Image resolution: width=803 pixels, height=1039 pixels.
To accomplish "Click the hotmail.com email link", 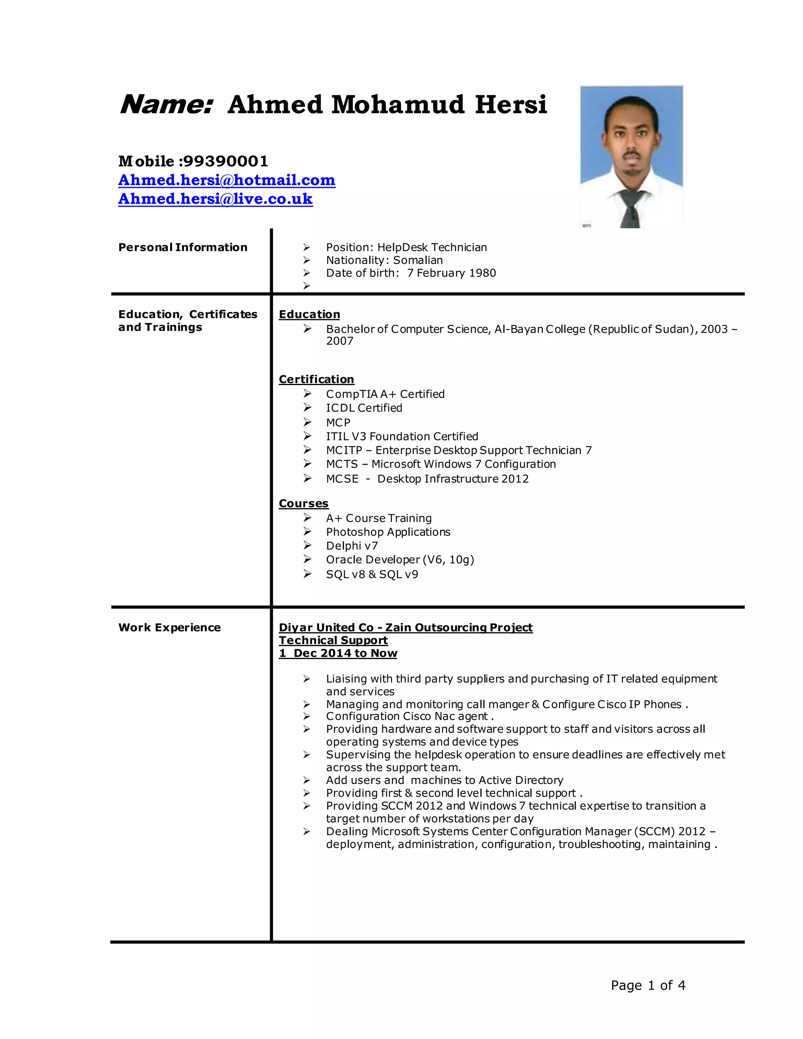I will pyautogui.click(x=227, y=180).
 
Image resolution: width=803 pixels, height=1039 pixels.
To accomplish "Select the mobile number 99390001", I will pyautogui.click(x=225, y=161).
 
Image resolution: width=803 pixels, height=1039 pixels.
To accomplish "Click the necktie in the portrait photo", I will pyautogui.click(x=631, y=209).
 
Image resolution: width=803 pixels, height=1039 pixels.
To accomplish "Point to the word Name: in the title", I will pyautogui.click(x=165, y=105).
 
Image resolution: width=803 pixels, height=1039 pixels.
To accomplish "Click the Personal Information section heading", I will pyautogui.click(x=183, y=247).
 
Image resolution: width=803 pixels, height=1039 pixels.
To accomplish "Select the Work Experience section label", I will pyautogui.click(x=169, y=627).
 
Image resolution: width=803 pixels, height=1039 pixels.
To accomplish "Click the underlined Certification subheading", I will pyautogui.click(x=316, y=379).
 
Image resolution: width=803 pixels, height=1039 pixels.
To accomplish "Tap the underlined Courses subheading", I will pyautogui.click(x=303, y=503).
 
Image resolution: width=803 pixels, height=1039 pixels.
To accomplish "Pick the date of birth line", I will pyautogui.click(x=411, y=273).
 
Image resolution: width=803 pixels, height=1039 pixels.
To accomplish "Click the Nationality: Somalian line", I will pyautogui.click(x=384, y=260).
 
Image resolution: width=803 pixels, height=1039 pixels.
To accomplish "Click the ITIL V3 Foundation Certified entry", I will pyautogui.click(x=401, y=436).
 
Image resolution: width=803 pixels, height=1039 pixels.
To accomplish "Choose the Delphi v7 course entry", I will pyautogui.click(x=352, y=546).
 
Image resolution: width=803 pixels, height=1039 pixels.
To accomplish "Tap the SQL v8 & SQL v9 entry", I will pyautogui.click(x=372, y=574).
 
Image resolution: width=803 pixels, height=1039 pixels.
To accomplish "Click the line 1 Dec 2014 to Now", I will pyautogui.click(x=338, y=653).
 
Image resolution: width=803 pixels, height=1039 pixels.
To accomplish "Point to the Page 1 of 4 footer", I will pyautogui.click(x=647, y=985).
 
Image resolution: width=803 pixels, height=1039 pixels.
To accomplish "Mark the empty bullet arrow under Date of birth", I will pyautogui.click(x=307, y=285).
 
